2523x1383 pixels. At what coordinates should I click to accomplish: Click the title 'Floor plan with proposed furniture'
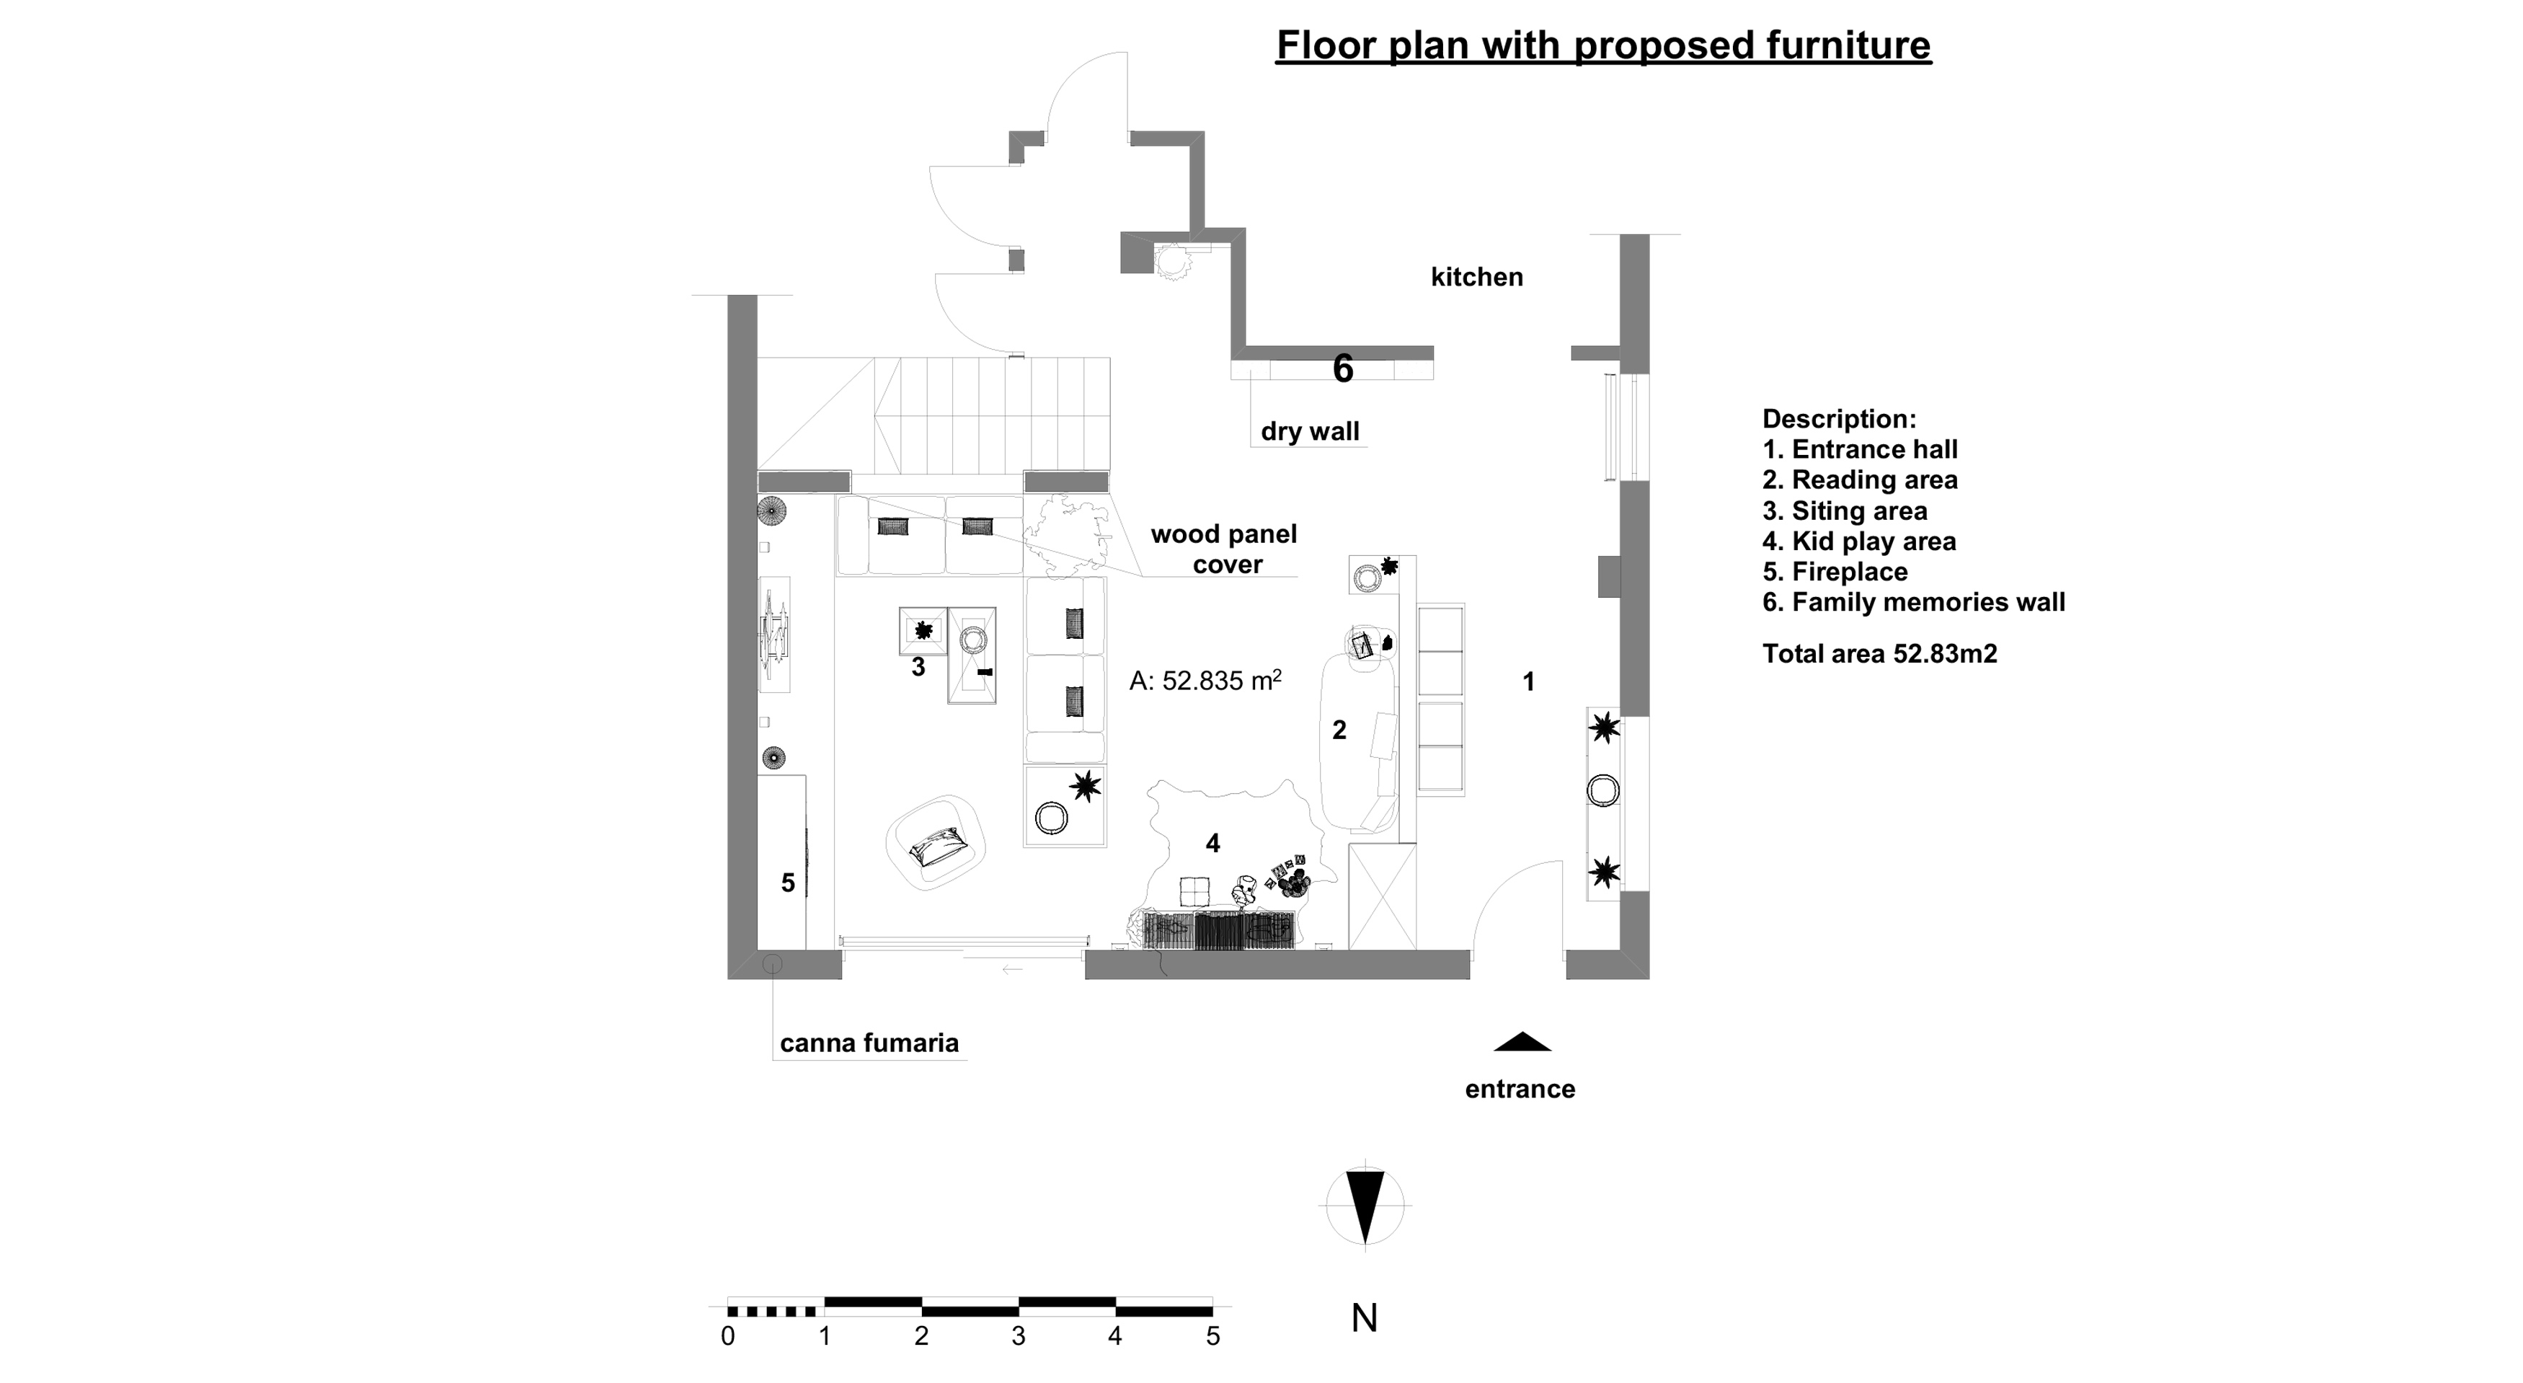[1603, 45]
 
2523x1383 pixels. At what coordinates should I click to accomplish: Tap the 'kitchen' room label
[1477, 277]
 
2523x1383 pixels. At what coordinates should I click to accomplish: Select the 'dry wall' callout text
[1310, 431]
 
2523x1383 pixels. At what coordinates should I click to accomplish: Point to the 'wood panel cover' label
[1224, 549]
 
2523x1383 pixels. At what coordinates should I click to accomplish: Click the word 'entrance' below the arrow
[1520, 1088]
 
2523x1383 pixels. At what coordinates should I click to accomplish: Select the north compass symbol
[1365, 1206]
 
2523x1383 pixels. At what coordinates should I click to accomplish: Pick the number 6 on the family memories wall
[1343, 368]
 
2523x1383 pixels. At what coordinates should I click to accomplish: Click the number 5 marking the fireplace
[787, 883]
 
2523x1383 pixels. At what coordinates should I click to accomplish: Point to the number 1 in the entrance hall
[1528, 681]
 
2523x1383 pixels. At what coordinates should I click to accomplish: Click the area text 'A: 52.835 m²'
[1206, 680]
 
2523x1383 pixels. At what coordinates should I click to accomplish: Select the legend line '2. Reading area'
[1860, 480]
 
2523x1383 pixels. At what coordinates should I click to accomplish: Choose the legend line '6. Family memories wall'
[1914, 601]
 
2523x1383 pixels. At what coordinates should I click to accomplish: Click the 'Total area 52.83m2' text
[1879, 653]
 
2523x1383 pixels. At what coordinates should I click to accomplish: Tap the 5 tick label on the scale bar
[1212, 1336]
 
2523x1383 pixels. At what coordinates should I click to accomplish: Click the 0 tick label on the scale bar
[728, 1336]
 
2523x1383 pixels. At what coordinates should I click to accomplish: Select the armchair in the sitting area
[936, 841]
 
